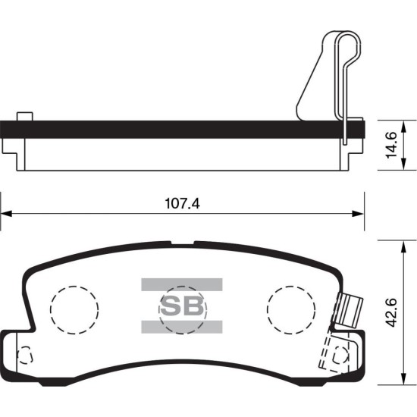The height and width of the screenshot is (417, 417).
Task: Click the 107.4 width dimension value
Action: click(x=182, y=204)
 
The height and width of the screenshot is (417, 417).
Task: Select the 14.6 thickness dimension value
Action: click(x=391, y=145)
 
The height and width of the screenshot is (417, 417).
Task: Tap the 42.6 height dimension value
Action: click(x=391, y=312)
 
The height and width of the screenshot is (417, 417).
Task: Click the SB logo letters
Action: click(x=182, y=306)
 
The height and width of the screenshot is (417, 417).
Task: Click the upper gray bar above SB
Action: click(x=182, y=284)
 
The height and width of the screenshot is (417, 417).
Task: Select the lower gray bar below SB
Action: click(x=182, y=327)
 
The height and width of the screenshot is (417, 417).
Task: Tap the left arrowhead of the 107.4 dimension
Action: click(x=6, y=214)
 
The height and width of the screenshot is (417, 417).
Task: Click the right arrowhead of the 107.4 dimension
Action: click(x=358, y=214)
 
